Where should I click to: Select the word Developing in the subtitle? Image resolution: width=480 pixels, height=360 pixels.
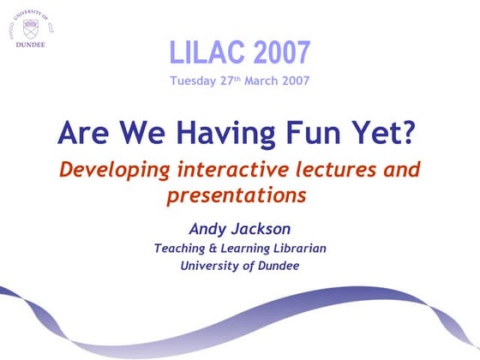point(107,170)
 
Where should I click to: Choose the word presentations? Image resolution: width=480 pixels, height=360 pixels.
point(236,195)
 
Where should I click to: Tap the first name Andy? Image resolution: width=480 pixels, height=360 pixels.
point(207,229)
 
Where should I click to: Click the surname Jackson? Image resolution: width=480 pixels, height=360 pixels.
point(263,229)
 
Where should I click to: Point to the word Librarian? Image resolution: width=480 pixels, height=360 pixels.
point(301,249)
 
